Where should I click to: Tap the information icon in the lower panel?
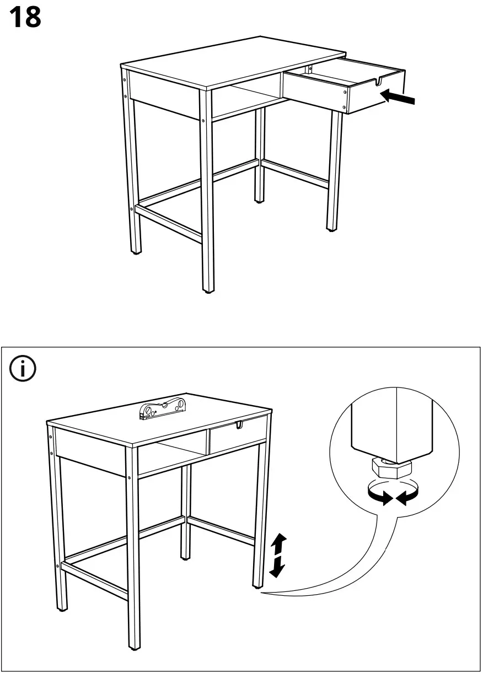tap(23, 369)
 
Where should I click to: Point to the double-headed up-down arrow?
tap(278, 555)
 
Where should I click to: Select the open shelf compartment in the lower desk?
tap(172, 455)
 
